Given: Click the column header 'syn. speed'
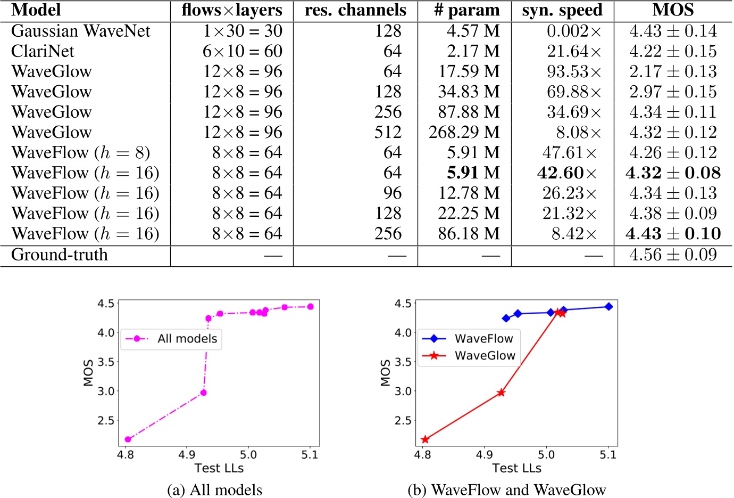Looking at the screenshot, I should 562,10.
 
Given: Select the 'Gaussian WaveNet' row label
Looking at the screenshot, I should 80,31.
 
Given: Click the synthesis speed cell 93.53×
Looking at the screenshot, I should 574,71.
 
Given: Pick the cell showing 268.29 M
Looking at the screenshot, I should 464,132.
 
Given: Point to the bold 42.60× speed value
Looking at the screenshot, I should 567,173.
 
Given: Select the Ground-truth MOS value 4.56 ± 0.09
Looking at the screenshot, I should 673,255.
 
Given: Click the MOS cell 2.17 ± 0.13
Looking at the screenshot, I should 673,71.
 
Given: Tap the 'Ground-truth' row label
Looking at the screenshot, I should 59,255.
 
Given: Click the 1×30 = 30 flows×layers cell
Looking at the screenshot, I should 243,31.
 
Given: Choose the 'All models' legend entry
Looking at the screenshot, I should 171,339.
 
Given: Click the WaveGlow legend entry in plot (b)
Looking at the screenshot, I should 468,356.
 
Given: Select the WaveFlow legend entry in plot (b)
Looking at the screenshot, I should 468,339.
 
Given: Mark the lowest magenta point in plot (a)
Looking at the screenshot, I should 128,439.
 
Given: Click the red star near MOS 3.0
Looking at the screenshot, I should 501,393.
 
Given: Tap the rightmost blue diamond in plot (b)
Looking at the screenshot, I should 608,307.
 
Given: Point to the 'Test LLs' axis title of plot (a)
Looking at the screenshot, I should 219,468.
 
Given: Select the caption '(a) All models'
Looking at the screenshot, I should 214,489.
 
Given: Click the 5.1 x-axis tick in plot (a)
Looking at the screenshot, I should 310,455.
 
